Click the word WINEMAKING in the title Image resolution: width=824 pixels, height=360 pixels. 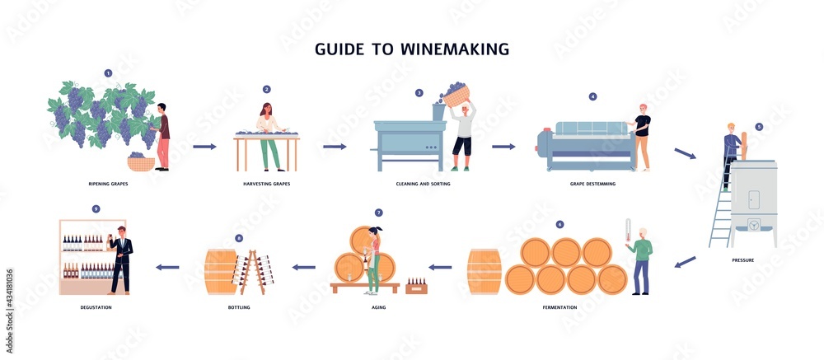(x=455, y=49)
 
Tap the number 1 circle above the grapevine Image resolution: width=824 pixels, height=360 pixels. (x=108, y=73)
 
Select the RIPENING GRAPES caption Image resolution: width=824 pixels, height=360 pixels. (x=108, y=184)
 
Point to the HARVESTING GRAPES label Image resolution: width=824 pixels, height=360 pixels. (x=266, y=184)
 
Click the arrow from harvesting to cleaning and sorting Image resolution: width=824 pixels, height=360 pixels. (x=335, y=147)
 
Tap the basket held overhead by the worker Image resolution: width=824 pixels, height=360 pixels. (x=455, y=95)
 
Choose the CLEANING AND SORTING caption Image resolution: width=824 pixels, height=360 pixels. (x=423, y=184)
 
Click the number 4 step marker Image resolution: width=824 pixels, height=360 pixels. (x=592, y=96)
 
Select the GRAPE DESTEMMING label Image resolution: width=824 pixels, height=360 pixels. (x=592, y=184)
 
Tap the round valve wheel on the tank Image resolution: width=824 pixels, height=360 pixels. (x=754, y=224)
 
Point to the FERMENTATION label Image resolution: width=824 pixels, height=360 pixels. (x=559, y=307)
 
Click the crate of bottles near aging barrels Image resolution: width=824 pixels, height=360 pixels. (x=416, y=287)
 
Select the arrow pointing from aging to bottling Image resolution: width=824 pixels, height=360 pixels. (x=304, y=267)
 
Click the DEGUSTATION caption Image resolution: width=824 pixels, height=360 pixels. (x=96, y=307)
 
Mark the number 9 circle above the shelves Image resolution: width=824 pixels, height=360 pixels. (x=96, y=208)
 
